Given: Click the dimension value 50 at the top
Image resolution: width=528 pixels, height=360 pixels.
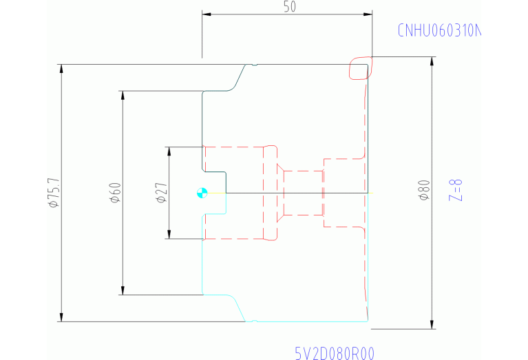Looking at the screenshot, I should click(289, 7).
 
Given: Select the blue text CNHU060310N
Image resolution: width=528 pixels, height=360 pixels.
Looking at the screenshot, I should click(437, 31).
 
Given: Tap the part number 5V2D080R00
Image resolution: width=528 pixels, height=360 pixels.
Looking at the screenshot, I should click(335, 353).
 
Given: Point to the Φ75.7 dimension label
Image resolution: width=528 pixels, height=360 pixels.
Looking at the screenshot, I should click(52, 193).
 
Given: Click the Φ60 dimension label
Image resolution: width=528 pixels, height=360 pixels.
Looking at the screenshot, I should click(114, 193).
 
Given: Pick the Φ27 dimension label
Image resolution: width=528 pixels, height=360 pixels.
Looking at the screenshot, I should click(160, 193).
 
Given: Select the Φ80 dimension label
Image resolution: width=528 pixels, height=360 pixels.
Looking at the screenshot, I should click(424, 189).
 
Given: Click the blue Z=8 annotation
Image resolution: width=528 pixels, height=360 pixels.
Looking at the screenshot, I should click(455, 189).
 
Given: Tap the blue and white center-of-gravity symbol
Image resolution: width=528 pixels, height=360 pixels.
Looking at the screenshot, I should click(202, 193).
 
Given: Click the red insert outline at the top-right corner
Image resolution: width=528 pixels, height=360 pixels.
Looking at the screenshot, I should click(360, 68).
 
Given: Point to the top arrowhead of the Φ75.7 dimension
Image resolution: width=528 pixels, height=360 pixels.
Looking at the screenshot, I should click(61, 69).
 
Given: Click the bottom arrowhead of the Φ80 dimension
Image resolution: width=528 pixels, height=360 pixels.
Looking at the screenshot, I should click(432, 324).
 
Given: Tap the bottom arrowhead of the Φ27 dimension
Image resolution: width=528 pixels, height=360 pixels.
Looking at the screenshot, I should click(168, 235).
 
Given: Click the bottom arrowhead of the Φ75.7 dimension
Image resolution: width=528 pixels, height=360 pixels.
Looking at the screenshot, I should click(61, 317).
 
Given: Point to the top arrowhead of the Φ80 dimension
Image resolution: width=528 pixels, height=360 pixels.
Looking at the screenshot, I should click(432, 61).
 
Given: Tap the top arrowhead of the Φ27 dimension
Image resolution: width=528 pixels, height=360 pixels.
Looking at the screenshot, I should click(168, 151).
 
